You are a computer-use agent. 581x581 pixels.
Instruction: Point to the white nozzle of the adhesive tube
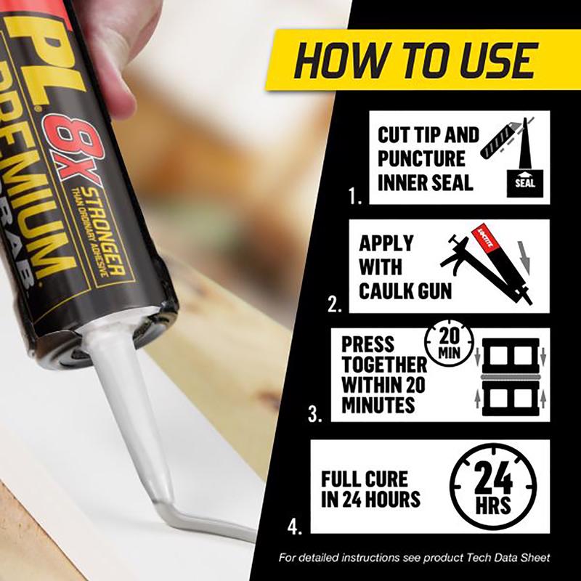(x=131, y=407)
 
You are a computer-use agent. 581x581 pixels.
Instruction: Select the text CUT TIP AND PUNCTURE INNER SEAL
(x=428, y=158)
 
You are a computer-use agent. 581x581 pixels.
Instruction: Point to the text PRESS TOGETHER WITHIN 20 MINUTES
(x=384, y=374)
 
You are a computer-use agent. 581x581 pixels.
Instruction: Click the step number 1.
(x=355, y=197)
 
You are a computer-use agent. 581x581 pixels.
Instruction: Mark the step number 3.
(x=314, y=415)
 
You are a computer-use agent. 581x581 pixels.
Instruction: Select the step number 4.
(x=294, y=526)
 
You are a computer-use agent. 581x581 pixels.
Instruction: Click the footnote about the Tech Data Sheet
(x=415, y=557)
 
